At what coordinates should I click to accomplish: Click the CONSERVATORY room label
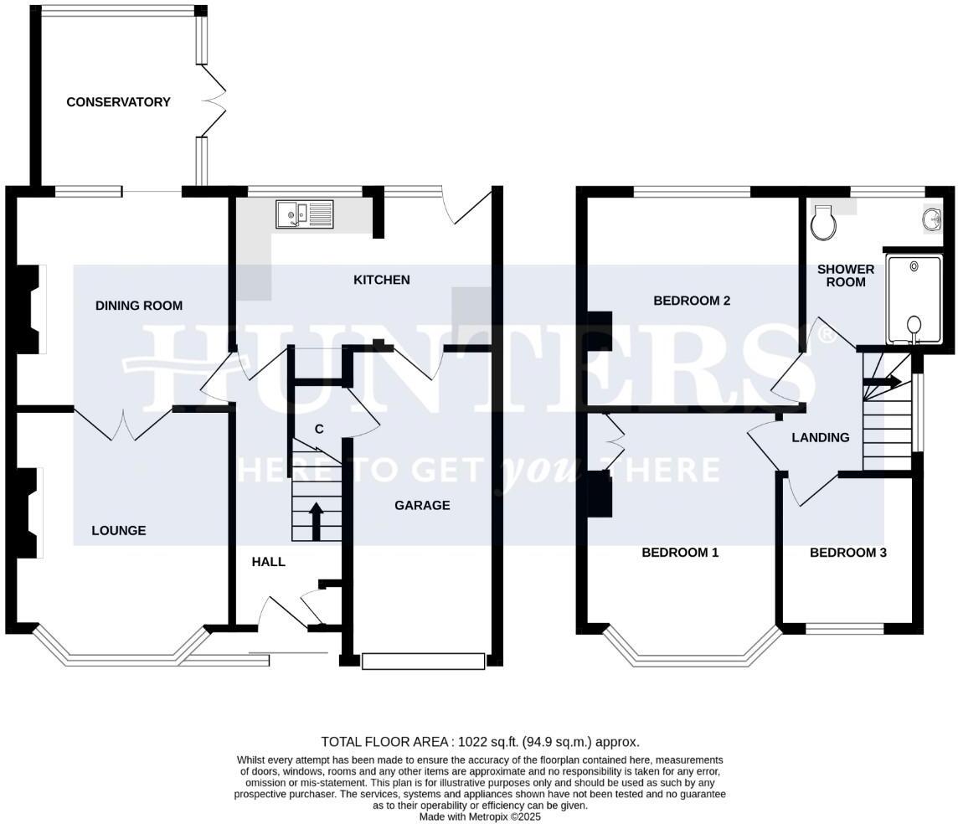pyautogui.click(x=118, y=102)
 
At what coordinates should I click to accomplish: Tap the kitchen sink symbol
pyautogui.click(x=304, y=214)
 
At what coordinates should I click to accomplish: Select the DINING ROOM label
pyautogui.click(x=138, y=306)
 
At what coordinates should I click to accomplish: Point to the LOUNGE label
pyautogui.click(x=119, y=530)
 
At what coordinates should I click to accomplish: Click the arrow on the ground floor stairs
pyautogui.click(x=317, y=521)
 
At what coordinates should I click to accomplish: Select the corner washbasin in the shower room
pyautogui.click(x=930, y=219)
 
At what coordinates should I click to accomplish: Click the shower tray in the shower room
pyautogui.click(x=914, y=300)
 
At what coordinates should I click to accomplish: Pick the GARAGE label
pyautogui.click(x=422, y=505)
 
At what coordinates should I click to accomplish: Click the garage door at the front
pyautogui.click(x=423, y=662)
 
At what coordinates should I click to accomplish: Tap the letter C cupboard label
pyautogui.click(x=318, y=430)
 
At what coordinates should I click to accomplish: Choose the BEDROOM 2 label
pyautogui.click(x=692, y=301)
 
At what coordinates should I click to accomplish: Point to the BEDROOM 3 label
pyautogui.click(x=847, y=553)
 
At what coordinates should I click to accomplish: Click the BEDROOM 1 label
pyautogui.click(x=680, y=553)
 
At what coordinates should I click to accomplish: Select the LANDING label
pyautogui.click(x=821, y=437)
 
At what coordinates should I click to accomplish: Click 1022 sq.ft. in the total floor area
pyautogui.click(x=487, y=742)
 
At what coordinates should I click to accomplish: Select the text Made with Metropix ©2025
pyautogui.click(x=480, y=816)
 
